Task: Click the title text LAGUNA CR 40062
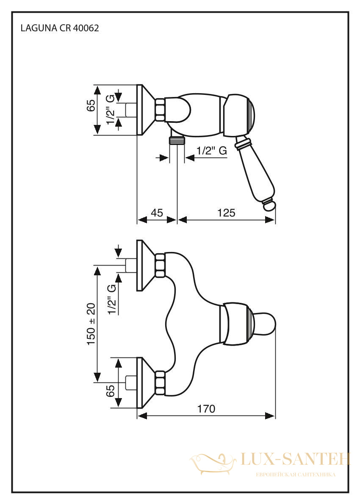click(59, 28)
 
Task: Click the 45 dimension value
click(157, 213)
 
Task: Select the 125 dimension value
click(226, 213)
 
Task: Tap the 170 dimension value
click(206, 409)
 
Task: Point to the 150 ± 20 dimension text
click(91, 324)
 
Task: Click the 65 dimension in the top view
click(91, 105)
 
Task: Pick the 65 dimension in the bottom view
click(110, 391)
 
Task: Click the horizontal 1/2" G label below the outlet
click(211, 150)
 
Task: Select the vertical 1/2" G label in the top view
click(110, 110)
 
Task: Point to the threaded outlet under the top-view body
click(177, 140)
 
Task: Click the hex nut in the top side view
click(161, 110)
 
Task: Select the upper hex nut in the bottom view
click(161, 265)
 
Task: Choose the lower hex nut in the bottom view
click(161, 383)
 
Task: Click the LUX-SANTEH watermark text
click(295, 459)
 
